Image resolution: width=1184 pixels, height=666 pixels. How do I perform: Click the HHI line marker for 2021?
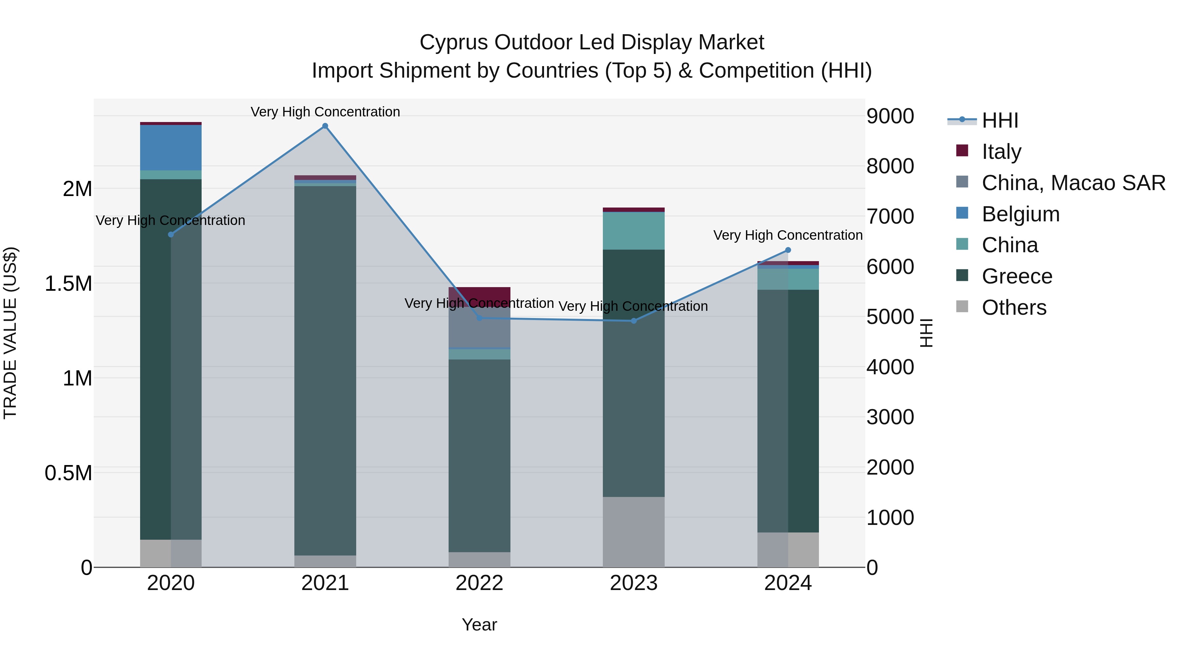(325, 126)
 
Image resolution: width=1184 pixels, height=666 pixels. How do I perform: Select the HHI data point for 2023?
(633, 321)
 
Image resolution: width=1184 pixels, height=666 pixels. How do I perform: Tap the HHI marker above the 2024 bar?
(788, 250)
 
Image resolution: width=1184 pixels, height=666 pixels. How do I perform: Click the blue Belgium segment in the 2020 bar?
(170, 148)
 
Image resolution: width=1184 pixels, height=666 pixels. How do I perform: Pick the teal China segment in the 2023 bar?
(633, 231)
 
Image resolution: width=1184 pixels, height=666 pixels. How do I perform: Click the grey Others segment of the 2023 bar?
(633, 532)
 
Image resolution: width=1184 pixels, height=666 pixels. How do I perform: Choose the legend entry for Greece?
(1017, 276)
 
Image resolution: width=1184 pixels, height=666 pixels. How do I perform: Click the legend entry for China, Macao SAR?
(1073, 183)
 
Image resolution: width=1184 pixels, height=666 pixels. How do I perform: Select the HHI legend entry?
(1000, 120)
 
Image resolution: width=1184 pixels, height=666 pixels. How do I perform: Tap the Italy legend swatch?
(962, 151)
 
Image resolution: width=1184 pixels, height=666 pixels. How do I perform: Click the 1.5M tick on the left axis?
(68, 284)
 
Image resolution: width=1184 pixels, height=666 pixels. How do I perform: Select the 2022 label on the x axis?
(480, 583)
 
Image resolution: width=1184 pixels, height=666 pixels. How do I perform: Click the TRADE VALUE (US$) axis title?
(10, 333)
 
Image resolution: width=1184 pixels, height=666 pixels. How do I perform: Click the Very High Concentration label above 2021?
(325, 112)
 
